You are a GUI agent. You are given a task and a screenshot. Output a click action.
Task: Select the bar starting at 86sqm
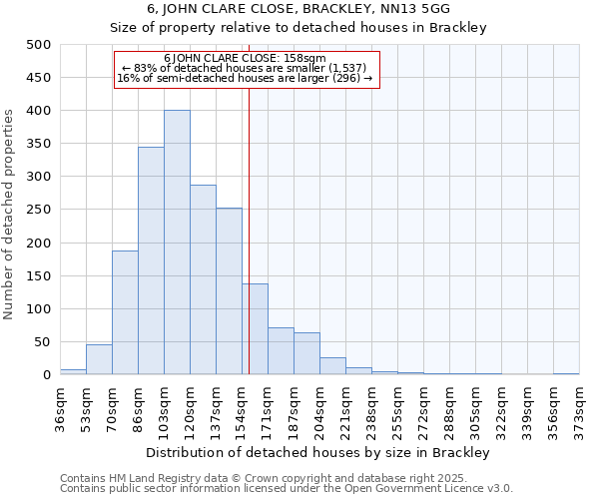[x=151, y=260]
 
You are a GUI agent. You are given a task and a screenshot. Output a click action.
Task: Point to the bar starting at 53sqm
[x=99, y=359]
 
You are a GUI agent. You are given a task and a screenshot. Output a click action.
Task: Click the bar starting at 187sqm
[x=306, y=353]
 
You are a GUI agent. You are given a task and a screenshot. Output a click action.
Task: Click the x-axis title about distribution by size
[x=318, y=452]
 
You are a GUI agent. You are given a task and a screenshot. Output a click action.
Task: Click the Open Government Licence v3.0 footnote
[x=287, y=489]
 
